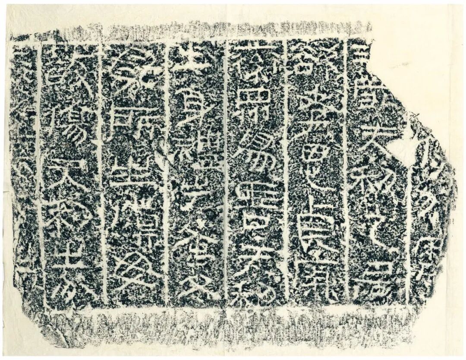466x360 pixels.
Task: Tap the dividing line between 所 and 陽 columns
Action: tap(102, 173)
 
